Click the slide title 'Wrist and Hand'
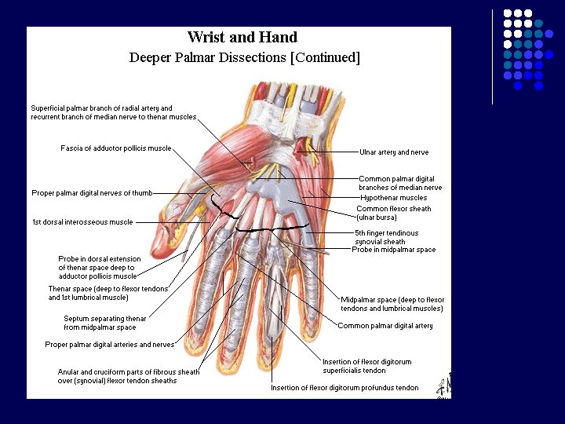(x=242, y=37)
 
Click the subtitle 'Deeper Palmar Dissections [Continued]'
(x=244, y=57)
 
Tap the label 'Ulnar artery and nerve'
(x=394, y=152)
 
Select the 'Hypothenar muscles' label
(x=394, y=198)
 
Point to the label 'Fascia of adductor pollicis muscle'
(x=115, y=148)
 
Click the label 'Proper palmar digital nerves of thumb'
(x=92, y=193)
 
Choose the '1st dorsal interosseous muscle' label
(x=82, y=222)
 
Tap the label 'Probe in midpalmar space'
(x=393, y=250)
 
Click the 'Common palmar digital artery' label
(x=385, y=326)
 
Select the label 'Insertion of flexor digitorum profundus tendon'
(x=344, y=388)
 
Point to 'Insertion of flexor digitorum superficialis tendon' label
(x=366, y=366)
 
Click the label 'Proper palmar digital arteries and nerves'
(x=109, y=345)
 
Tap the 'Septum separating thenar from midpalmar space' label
(x=104, y=323)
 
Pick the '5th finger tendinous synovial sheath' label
(x=386, y=237)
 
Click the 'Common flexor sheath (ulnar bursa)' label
(x=393, y=213)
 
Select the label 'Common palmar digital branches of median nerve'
(x=400, y=183)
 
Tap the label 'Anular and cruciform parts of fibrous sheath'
(x=129, y=376)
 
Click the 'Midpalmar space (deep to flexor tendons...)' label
(x=392, y=304)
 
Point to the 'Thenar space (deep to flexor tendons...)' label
(x=108, y=293)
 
